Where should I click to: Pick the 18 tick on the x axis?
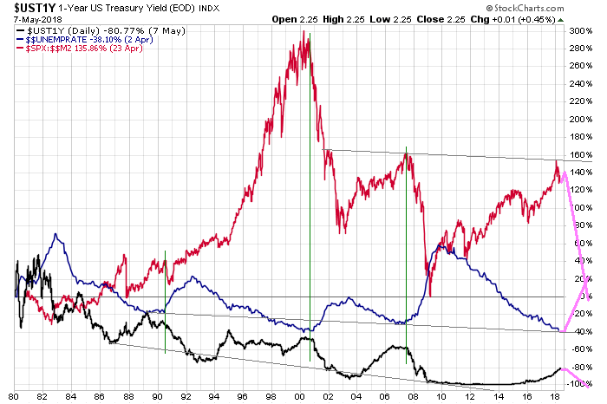554,396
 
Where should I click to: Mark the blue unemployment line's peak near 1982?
56,234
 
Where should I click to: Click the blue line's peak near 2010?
441,245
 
